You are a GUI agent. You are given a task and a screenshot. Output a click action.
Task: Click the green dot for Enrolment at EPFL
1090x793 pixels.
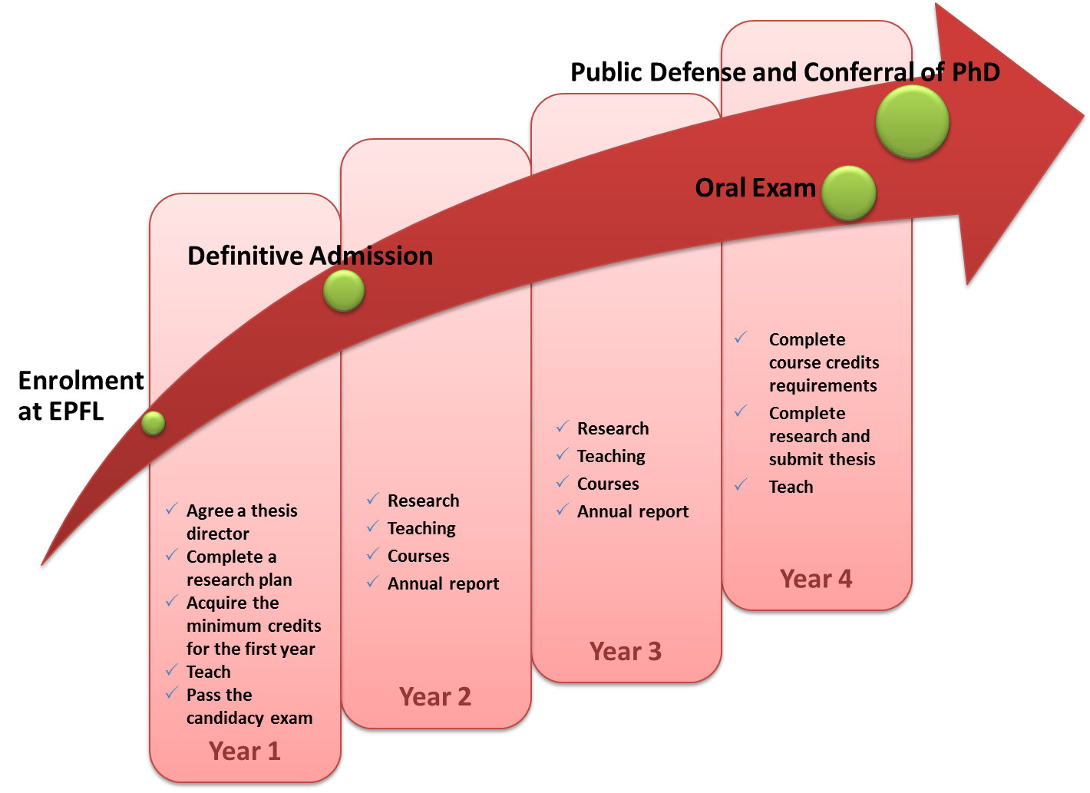coord(154,423)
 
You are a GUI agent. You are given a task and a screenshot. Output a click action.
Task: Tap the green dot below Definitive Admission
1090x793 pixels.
coord(344,291)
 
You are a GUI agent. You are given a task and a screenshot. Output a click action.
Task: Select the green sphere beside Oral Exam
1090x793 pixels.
coord(849,193)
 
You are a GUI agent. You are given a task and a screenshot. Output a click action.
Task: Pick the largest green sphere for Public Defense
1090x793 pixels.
coord(913,121)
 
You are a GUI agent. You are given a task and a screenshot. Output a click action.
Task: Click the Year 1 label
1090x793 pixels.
coord(245,751)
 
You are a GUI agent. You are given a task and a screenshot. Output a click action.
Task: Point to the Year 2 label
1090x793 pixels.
coord(435,697)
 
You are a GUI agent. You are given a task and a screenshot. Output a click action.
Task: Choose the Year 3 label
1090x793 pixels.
coord(626,652)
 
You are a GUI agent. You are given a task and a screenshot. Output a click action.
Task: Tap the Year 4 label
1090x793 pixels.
coord(816,579)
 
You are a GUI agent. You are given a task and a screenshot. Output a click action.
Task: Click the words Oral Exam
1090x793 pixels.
coord(755,188)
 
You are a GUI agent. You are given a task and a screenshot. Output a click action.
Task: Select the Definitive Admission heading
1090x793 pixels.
coord(310,256)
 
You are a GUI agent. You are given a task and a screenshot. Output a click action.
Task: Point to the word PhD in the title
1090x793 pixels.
coord(976,72)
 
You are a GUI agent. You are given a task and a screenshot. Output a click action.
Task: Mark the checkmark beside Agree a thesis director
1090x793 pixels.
coord(172,509)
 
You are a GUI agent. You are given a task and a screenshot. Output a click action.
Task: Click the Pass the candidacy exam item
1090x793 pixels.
coord(249,706)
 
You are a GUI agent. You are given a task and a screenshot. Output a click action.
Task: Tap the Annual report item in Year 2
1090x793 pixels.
coord(444,583)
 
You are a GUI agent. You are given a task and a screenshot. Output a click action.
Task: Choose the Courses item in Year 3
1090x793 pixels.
coord(608,484)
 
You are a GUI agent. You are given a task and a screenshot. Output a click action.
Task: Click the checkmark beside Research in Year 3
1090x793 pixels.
coord(563,427)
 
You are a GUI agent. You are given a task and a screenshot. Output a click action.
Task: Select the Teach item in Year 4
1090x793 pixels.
coord(791,487)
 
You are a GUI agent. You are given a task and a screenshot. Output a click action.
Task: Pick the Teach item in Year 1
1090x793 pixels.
coord(209,672)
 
